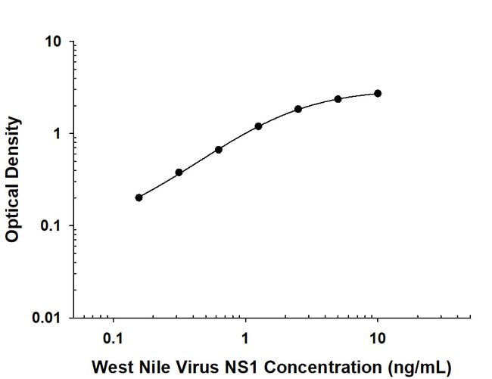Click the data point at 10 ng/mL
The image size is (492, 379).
(x=378, y=93)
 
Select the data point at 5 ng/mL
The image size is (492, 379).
(x=338, y=99)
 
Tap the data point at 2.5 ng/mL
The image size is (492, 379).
(x=298, y=109)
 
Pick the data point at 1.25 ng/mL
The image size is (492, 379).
(x=258, y=126)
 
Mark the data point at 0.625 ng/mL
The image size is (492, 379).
(x=219, y=150)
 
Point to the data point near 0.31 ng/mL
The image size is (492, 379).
(x=179, y=172)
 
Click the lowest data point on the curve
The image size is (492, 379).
(x=139, y=197)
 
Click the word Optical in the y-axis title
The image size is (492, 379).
(x=12, y=213)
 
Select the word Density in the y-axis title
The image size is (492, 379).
(x=12, y=146)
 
